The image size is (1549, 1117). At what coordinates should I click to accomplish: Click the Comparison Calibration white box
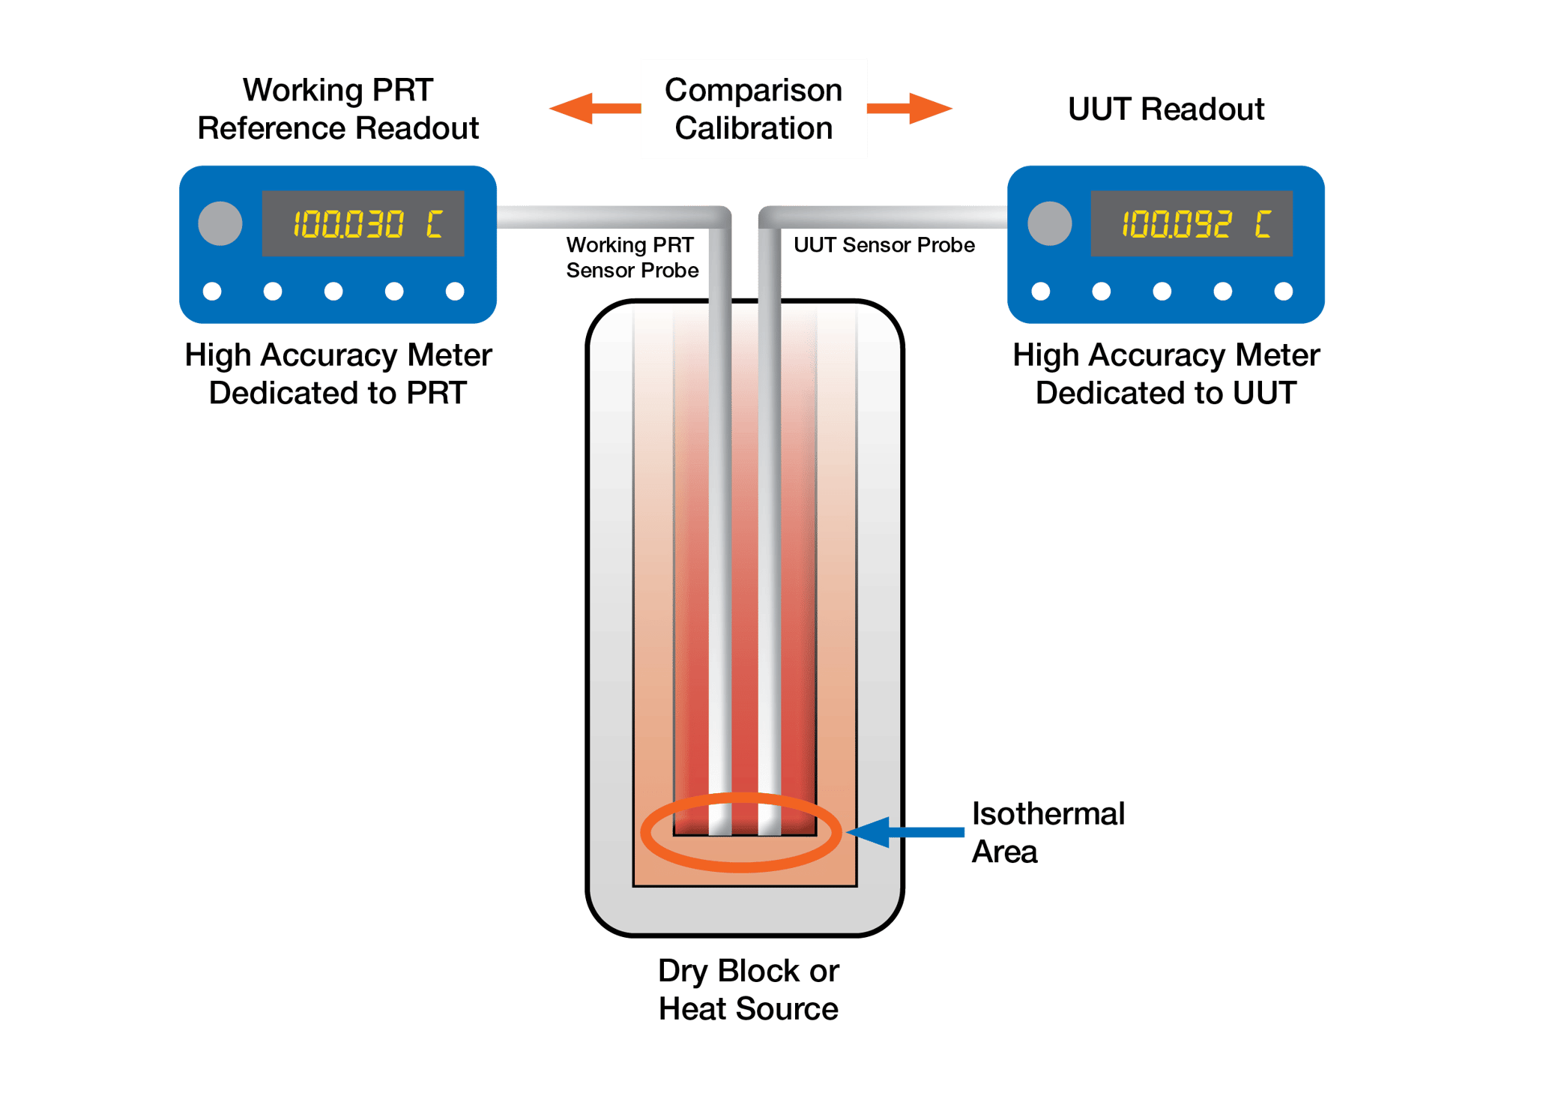point(753,109)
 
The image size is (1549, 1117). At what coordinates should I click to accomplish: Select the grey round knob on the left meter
point(220,223)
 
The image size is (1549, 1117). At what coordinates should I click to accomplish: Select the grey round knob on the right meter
point(1050,223)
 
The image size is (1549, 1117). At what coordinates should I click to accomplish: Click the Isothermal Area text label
point(1047,833)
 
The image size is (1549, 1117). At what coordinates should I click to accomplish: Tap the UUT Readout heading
point(1166,109)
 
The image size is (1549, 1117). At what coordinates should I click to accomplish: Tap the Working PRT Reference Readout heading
point(338,109)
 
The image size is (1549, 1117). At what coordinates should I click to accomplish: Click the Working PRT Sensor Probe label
point(632,257)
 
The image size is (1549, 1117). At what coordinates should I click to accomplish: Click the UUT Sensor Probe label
point(884,245)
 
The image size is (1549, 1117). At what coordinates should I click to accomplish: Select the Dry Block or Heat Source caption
point(748,990)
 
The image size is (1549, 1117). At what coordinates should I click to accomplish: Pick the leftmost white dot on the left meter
point(212,291)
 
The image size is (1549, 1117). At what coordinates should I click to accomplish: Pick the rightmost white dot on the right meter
point(1283,291)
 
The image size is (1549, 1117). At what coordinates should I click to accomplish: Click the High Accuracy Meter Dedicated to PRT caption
point(338,374)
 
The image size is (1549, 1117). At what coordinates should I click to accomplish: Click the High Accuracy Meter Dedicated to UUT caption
point(1166,374)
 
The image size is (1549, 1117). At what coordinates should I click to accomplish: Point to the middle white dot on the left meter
point(333,291)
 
